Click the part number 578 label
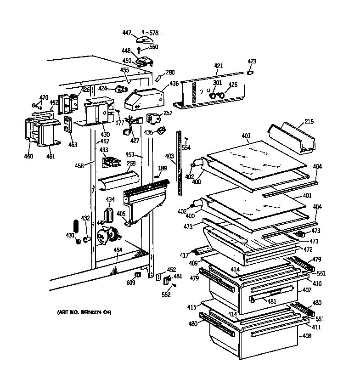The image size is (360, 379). coord(153,33)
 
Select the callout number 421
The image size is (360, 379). coord(218,66)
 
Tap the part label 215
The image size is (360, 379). coord(309,122)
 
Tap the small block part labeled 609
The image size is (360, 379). coord(136,275)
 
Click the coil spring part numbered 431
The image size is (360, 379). coord(77,228)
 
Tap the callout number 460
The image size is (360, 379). coord(28,156)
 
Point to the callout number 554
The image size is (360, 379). coord(186,147)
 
